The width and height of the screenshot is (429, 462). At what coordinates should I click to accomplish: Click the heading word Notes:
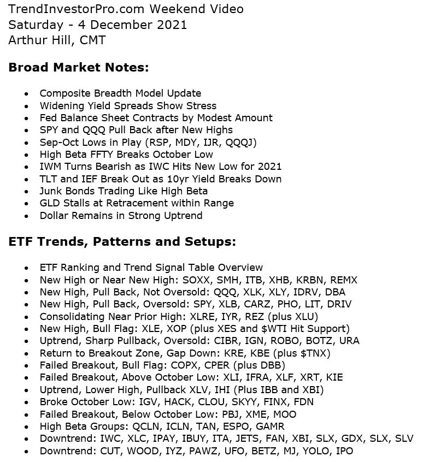pos(128,67)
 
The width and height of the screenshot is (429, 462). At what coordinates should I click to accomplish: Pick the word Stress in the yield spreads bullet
pos(200,105)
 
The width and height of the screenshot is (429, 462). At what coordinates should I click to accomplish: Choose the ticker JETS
pos(260,438)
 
